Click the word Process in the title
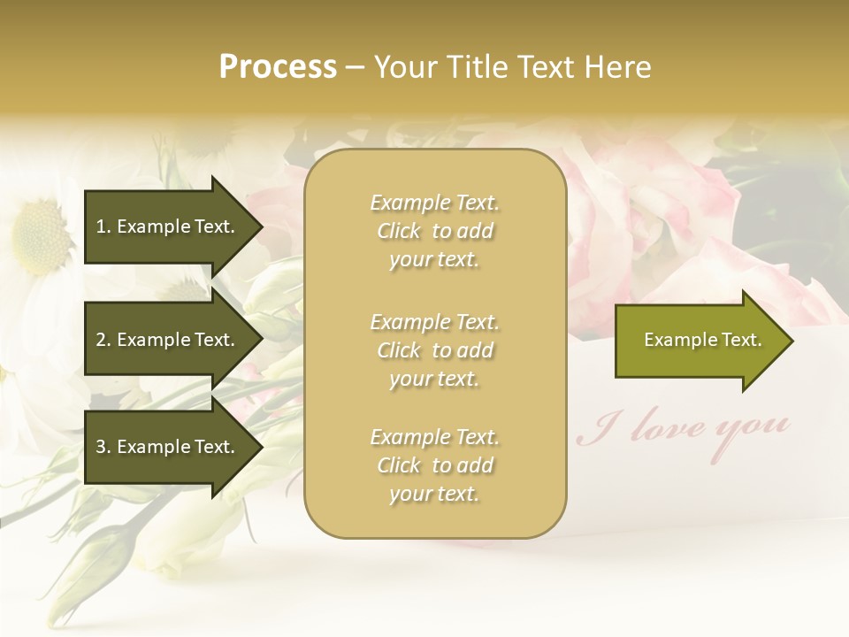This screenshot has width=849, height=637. pyautogui.click(x=278, y=66)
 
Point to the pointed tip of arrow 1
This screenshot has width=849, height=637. pyautogui.click(x=261, y=226)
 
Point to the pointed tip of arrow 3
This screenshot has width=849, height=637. pyautogui.click(x=261, y=447)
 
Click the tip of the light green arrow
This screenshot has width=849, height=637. pyautogui.click(x=792, y=340)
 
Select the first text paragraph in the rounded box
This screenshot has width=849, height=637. pyautogui.click(x=434, y=231)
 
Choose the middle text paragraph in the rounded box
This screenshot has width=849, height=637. pyautogui.click(x=434, y=349)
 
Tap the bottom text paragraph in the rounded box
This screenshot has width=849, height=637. pyautogui.click(x=434, y=465)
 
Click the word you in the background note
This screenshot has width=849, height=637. pyautogui.click(x=753, y=426)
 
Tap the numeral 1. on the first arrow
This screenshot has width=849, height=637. pyautogui.click(x=103, y=226)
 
